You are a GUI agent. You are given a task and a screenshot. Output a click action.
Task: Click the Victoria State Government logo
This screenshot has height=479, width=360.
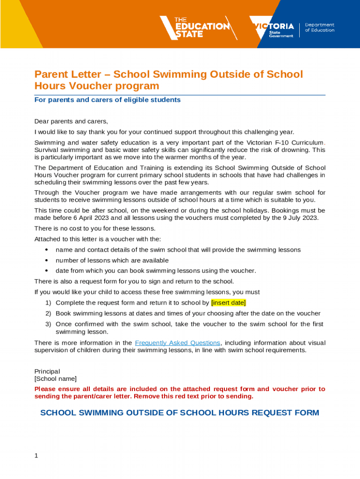[272, 27]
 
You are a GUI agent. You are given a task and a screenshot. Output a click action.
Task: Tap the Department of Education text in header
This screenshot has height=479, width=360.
[319, 27]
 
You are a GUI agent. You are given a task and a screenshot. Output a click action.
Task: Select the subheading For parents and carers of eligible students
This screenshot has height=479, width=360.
[108, 100]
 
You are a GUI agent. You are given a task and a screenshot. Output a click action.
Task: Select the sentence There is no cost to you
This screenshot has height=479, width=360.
[95, 228]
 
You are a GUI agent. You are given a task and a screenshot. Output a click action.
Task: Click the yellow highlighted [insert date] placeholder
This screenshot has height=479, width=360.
[229, 303]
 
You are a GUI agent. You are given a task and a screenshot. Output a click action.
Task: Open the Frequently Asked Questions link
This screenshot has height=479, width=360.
[177, 343]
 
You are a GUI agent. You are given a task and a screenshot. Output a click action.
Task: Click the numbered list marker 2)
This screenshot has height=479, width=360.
[48, 313]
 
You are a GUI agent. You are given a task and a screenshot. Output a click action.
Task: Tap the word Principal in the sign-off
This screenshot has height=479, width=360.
[47, 371]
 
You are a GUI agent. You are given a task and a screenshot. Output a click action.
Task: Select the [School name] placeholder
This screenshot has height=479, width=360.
[55, 379]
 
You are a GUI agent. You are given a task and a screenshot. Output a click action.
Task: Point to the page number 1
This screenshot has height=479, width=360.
[36, 456]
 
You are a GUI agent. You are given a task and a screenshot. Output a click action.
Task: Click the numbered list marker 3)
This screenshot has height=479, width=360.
[48, 324]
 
